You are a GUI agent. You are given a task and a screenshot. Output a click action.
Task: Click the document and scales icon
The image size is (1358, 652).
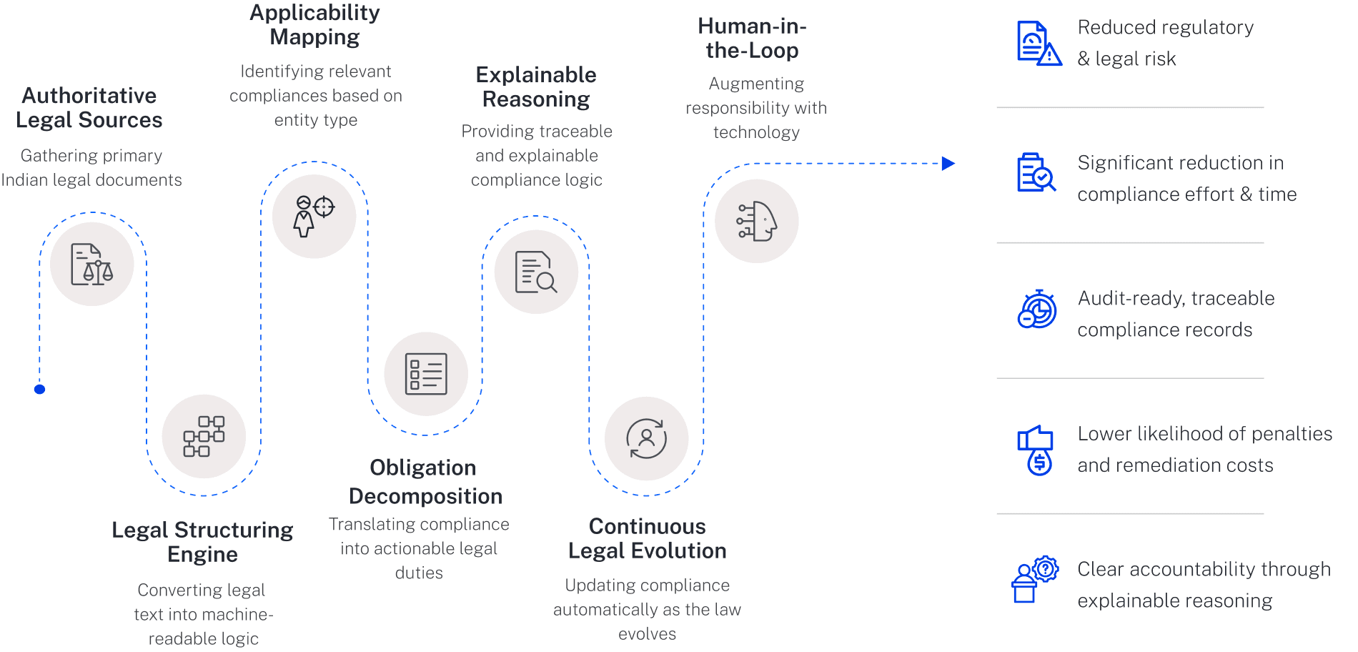point(91,265)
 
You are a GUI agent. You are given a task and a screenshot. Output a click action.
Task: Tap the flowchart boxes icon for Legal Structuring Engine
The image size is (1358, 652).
point(204,436)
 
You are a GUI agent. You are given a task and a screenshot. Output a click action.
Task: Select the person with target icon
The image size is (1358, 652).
point(314,216)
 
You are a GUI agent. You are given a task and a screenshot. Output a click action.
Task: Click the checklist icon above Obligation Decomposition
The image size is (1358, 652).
point(426,374)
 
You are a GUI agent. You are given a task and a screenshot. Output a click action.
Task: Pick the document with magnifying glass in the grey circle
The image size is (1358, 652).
point(536,272)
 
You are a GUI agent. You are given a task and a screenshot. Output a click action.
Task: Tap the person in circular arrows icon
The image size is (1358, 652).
point(646,438)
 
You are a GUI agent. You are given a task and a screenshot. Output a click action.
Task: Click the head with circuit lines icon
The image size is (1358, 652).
point(756,221)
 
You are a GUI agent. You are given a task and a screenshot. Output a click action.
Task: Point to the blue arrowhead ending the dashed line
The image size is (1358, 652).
point(948,164)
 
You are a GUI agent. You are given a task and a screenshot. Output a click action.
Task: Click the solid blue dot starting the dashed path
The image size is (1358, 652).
point(40,389)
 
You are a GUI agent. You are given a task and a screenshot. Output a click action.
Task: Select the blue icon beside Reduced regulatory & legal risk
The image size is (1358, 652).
point(1039,44)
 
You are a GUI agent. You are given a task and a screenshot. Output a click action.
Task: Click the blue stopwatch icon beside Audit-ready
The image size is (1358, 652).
point(1037,310)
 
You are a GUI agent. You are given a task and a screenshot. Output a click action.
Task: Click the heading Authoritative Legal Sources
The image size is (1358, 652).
point(89,108)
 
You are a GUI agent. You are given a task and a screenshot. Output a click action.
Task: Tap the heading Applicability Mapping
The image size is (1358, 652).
point(314,25)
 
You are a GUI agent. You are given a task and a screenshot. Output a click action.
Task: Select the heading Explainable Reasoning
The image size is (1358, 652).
point(536,87)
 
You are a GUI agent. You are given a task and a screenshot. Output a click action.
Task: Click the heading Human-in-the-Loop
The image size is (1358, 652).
point(752,39)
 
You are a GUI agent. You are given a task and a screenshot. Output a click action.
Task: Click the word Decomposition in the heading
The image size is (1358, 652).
point(425,496)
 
